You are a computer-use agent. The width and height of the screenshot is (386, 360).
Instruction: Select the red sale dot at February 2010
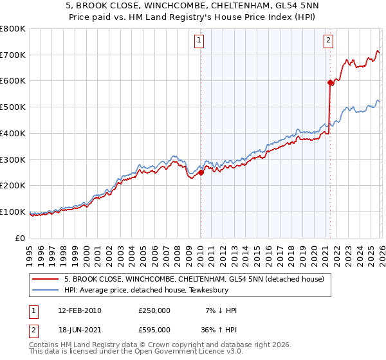(201, 172)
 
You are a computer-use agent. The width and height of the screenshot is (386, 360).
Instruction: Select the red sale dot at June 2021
(330, 82)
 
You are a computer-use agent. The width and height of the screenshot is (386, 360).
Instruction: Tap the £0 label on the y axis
(21, 238)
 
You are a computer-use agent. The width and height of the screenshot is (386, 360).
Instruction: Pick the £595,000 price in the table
(154, 329)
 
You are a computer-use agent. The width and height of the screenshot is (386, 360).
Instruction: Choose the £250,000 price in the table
(154, 310)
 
